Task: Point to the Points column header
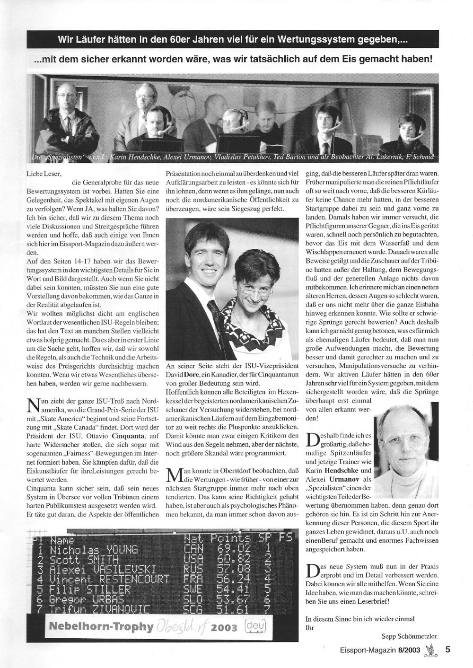231,539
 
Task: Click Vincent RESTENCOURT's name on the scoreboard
110,580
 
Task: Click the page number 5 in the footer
447,650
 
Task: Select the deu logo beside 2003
255,627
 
